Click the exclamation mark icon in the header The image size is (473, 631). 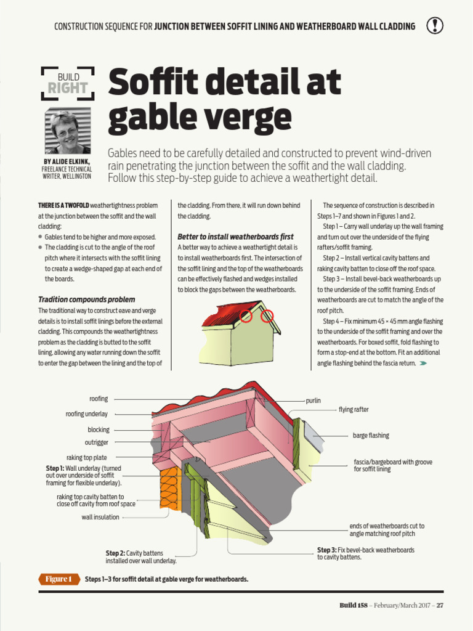click(x=435, y=25)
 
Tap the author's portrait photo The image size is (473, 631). click(x=67, y=131)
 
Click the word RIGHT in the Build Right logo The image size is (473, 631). click(x=67, y=88)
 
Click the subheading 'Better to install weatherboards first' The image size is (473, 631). click(x=235, y=237)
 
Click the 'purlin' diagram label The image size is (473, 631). click(x=313, y=401)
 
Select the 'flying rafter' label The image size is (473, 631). click(x=354, y=410)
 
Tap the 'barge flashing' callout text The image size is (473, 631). click(x=371, y=436)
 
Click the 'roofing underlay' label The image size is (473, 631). click(x=87, y=414)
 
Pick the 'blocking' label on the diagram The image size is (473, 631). click(x=99, y=429)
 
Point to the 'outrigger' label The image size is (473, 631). click(x=97, y=442)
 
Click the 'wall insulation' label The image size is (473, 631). click(x=100, y=518)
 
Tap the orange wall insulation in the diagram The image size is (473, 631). click(x=170, y=490)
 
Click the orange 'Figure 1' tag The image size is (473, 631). click(x=60, y=579)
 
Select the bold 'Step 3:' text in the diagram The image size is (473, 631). click(x=326, y=550)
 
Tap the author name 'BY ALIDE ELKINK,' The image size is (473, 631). click(x=67, y=162)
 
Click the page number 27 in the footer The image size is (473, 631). click(x=440, y=605)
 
